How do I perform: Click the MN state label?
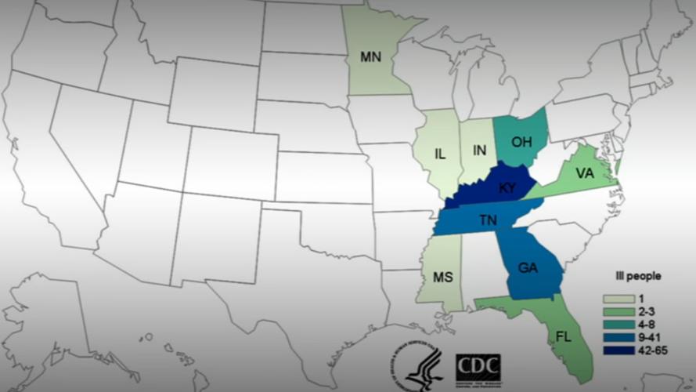coord(370,56)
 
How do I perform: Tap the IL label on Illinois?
coord(440,154)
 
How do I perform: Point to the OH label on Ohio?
coord(522,142)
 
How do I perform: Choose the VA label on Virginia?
coord(584,172)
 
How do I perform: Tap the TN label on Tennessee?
coord(487,220)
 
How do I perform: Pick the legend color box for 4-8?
coord(618,325)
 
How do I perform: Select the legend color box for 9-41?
coord(618,337)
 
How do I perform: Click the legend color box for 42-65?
coord(618,350)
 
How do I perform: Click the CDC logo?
coord(478,368)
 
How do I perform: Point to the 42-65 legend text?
coord(650,350)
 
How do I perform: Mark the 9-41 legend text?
coord(647,337)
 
